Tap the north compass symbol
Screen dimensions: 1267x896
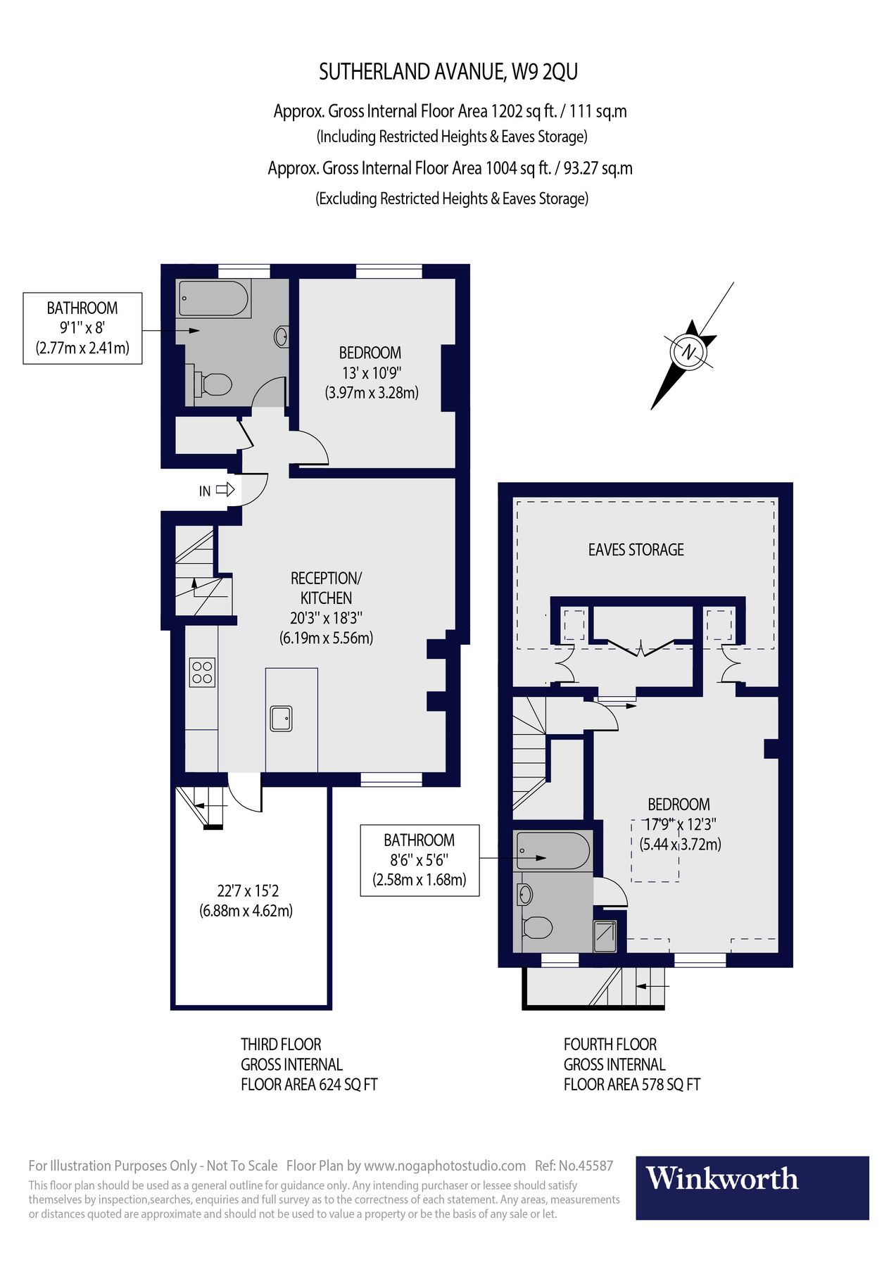pos(688,352)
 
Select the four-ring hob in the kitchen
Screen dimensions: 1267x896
pos(202,672)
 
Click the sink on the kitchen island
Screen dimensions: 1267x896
pos(281,718)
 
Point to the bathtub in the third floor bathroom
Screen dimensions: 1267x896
pos(213,298)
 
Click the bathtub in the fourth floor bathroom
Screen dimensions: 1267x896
pos(553,850)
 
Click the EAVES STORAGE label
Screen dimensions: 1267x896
pos(636,550)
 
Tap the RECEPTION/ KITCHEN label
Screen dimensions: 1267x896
pos(326,588)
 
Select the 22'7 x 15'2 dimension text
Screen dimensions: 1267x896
pos(248,891)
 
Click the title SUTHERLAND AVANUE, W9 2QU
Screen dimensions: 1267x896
pos(448,72)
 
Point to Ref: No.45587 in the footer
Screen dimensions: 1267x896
pos(574,1166)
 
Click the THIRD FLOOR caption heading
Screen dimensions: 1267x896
pos(281,1045)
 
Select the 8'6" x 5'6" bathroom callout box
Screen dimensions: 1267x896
pos(419,860)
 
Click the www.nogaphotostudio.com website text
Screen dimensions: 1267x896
pos(445,1166)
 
